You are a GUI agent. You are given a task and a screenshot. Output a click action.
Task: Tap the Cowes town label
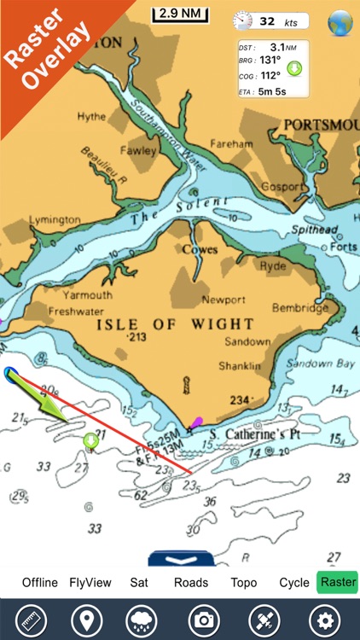pyautogui.click(x=200, y=250)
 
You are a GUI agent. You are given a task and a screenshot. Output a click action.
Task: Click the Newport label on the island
pyautogui.click(x=223, y=300)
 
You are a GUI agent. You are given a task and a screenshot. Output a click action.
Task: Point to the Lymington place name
pyautogui.click(x=54, y=220)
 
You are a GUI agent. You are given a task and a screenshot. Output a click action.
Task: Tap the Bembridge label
pyautogui.click(x=299, y=308)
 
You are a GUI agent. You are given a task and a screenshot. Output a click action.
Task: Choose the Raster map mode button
pyautogui.click(x=338, y=583)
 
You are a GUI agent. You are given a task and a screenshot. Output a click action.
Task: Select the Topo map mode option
pyautogui.click(x=244, y=583)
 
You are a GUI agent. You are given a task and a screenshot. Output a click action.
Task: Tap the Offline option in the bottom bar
pyautogui.click(x=40, y=583)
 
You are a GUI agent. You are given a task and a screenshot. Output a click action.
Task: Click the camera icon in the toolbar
pyautogui.click(x=204, y=620)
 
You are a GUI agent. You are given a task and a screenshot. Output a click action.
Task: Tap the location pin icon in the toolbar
pyautogui.click(x=82, y=620)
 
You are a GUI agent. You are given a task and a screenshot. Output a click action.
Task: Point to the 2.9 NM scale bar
pyautogui.click(x=181, y=14)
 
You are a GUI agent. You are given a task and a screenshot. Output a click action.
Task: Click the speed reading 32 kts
pyautogui.click(x=279, y=20)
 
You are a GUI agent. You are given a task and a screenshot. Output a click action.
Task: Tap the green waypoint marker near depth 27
pyautogui.click(x=91, y=440)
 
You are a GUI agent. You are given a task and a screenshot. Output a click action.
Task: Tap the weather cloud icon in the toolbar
pyautogui.click(x=142, y=620)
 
